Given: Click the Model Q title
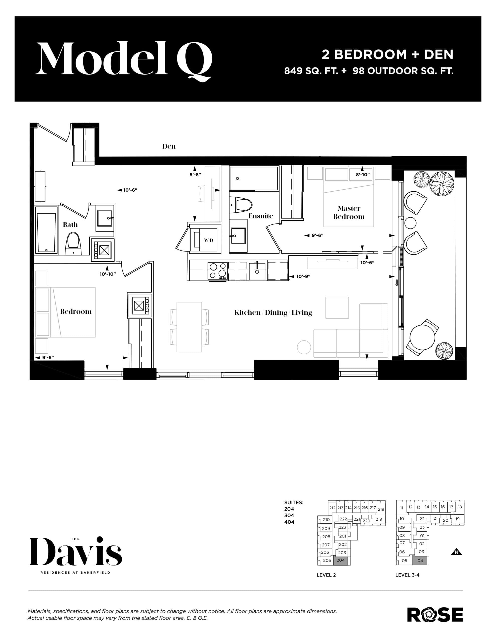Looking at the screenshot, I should pos(123,59).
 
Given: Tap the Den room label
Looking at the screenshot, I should pos(169,146).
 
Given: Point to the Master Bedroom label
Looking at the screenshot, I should pos(349,212).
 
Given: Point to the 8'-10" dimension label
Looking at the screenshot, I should pos(363,175).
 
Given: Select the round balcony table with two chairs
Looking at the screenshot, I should pos(422,338).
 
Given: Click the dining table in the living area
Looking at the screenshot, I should pos(189,327).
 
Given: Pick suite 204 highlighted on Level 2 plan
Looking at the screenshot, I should pos(341,560).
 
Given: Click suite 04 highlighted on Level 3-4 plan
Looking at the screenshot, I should pos(420,560).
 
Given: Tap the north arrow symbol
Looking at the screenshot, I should pos(456,552).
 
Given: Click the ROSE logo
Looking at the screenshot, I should pos(435,615).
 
